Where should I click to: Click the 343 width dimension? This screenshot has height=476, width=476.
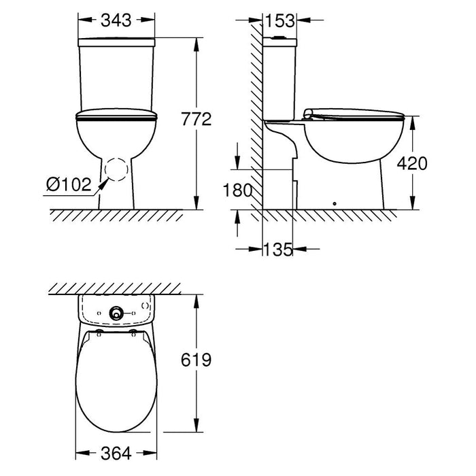(x=116, y=20)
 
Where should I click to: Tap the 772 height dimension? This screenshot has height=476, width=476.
(x=197, y=119)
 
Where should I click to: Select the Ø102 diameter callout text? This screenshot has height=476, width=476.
(x=69, y=184)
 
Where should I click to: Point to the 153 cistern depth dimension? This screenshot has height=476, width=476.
(x=280, y=20)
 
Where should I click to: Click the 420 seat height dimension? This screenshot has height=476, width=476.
(x=412, y=163)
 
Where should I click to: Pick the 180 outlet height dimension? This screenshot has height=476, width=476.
(x=237, y=190)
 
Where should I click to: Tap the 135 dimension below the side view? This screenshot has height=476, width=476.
(x=277, y=250)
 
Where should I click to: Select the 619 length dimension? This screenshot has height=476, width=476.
(x=196, y=360)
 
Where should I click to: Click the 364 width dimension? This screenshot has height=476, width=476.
(x=116, y=454)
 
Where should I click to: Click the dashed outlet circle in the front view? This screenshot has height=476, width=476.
(x=116, y=158)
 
